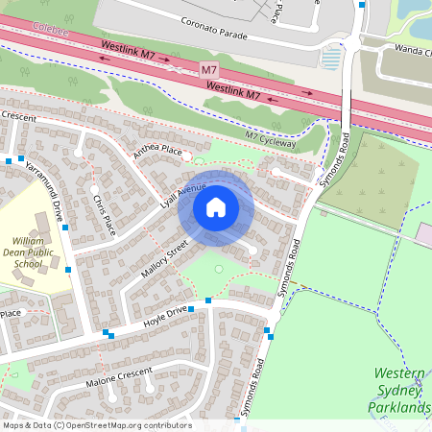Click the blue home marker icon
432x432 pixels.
216,206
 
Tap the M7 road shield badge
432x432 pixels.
210,70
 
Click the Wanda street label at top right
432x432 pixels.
413,47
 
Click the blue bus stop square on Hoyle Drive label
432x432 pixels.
191,309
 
